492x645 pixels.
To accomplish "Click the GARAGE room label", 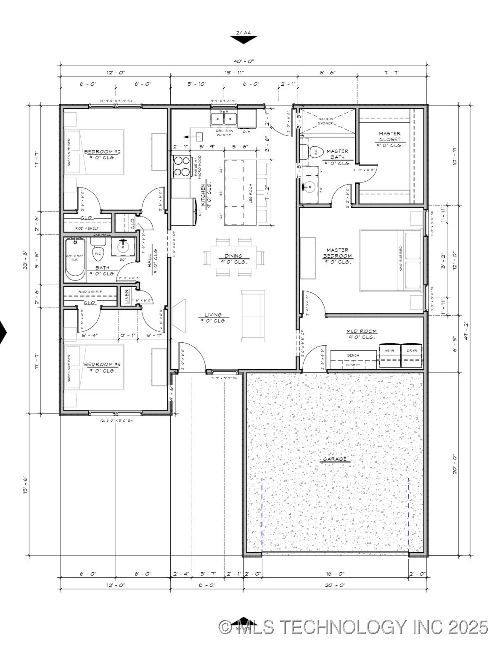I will [x=335, y=459].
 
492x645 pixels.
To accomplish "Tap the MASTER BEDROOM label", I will [x=338, y=253].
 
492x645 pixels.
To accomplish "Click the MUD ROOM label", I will [x=362, y=331].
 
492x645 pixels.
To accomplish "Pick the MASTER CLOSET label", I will [x=389, y=137].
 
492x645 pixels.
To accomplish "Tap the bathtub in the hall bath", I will [x=75, y=260].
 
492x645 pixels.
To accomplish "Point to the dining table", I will [x=233, y=257].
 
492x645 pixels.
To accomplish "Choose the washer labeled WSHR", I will [x=389, y=356].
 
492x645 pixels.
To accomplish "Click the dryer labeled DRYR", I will [x=412, y=356].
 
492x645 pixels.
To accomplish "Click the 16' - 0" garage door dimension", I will [x=335, y=574].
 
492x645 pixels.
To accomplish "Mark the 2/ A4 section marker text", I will [x=243, y=32].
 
